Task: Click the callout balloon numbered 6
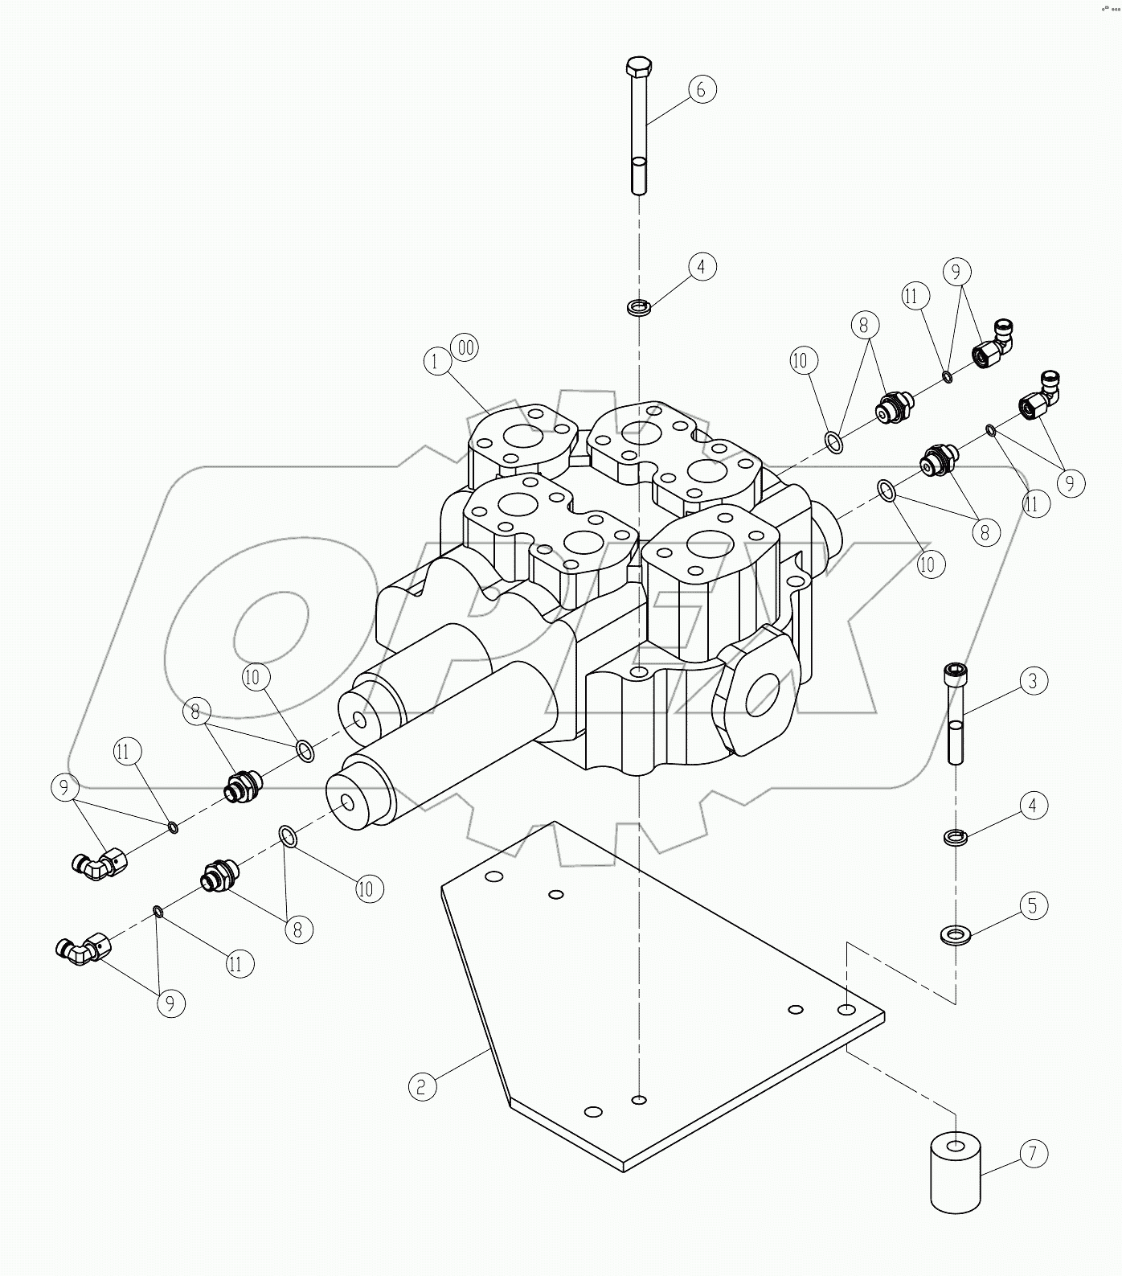(700, 89)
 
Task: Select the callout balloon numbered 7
(1034, 1154)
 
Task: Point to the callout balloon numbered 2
(422, 1087)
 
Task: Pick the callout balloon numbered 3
(1034, 680)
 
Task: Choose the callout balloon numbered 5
(1034, 905)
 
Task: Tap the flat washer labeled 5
(956, 934)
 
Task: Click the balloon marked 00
(465, 347)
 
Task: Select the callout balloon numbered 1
(436, 362)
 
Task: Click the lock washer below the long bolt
(639, 307)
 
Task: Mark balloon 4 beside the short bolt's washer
(1034, 806)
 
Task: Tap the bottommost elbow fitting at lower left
(79, 950)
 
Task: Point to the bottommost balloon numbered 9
(171, 1003)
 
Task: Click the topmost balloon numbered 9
(956, 272)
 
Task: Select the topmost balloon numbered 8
(864, 326)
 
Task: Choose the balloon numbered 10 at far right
(927, 564)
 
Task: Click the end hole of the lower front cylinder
(346, 802)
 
